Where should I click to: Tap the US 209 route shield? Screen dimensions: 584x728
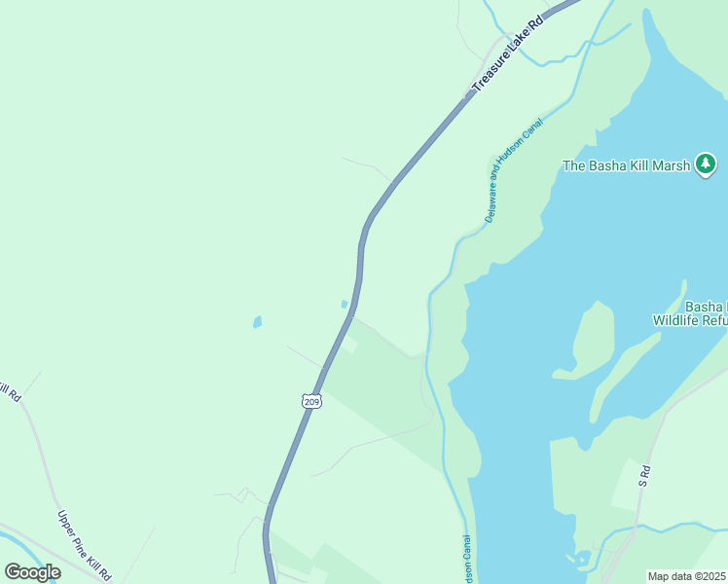310,401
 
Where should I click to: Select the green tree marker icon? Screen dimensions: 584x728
707,164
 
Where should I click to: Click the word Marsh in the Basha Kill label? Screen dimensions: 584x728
670,165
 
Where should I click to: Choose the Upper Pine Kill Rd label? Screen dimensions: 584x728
86,545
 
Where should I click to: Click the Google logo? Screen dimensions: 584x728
33,571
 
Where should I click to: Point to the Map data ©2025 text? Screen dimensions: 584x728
687,576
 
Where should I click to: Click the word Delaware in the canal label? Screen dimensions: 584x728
491,201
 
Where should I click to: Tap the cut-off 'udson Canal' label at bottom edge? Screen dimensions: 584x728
466,561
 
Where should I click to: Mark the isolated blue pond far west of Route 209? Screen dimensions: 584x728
257,321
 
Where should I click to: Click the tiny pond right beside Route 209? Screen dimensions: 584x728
345,305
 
